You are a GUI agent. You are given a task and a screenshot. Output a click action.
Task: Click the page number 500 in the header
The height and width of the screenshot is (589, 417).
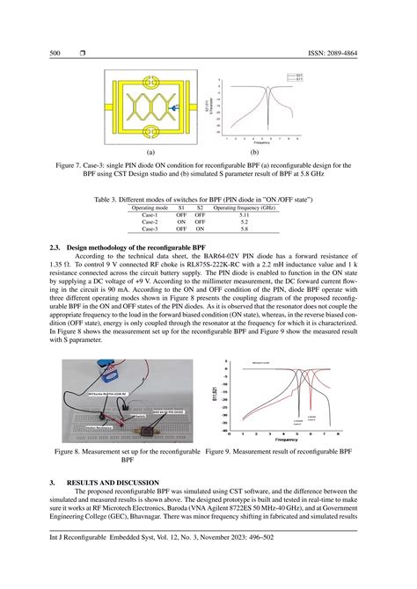[55, 54]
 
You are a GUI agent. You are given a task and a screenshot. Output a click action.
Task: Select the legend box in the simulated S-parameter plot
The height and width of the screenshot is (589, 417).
[298, 78]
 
